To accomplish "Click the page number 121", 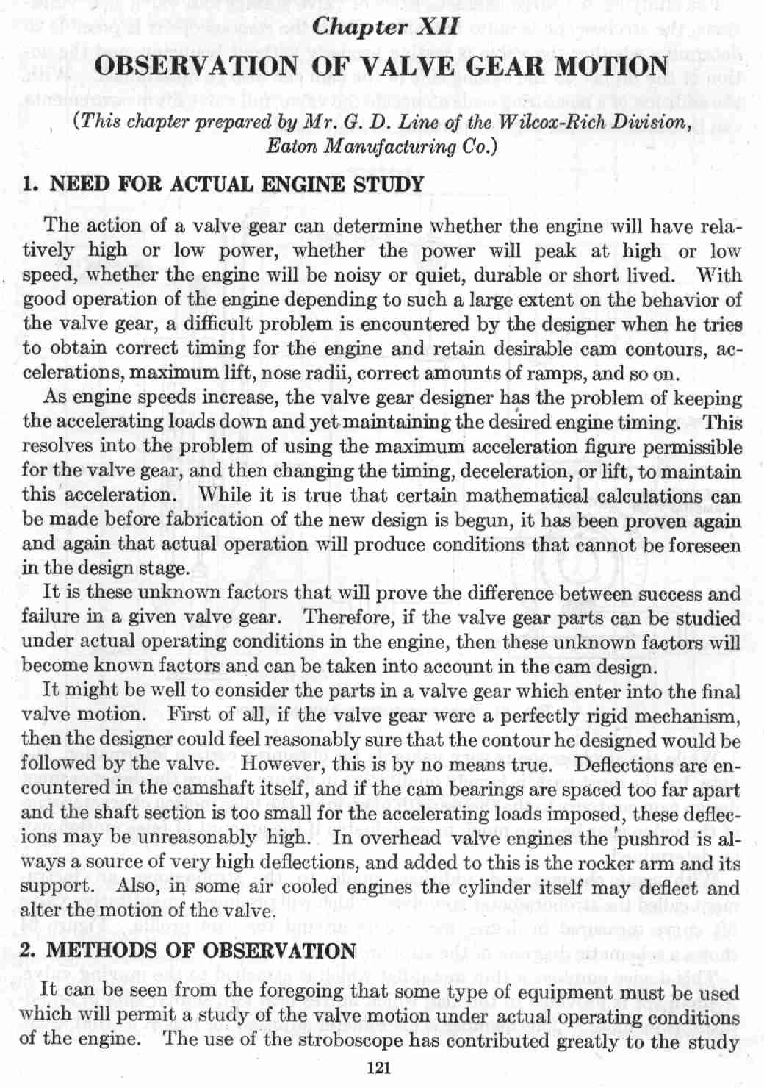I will click(381, 1069).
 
